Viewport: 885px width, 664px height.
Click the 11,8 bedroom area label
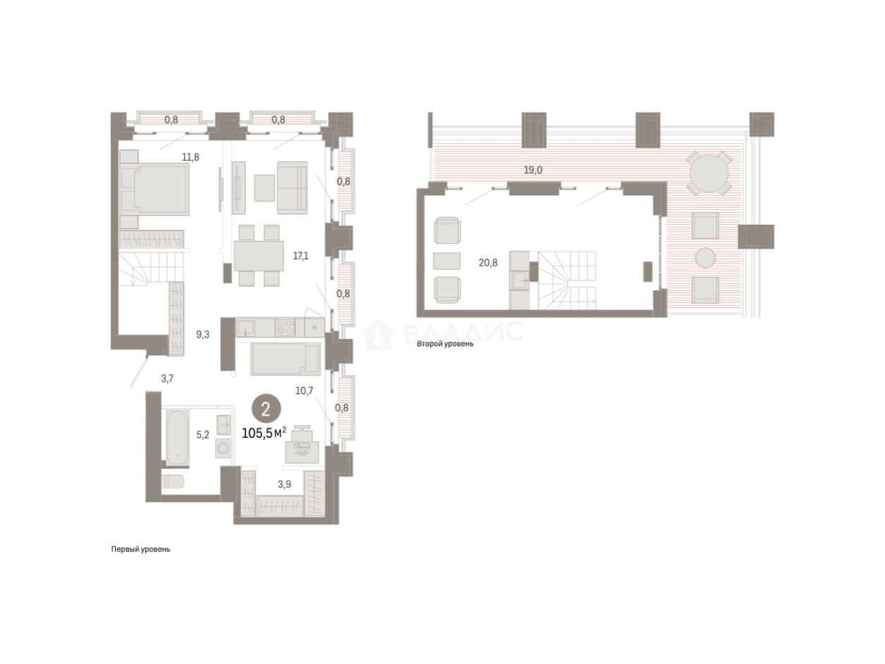coord(191,157)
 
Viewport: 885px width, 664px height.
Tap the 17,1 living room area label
coord(301,256)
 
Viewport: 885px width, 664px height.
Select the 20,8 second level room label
coord(488,263)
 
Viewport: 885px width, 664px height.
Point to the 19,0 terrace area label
coord(533,170)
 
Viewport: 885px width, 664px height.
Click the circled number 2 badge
coord(266,410)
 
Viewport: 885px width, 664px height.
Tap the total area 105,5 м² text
coord(264,433)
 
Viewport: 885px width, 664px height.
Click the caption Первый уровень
coord(140,549)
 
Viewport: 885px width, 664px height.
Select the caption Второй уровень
coord(445,344)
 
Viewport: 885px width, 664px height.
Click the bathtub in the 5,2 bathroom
coord(177,438)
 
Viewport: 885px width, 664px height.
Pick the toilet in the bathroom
coord(173,481)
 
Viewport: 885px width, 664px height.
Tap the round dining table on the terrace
coord(709,173)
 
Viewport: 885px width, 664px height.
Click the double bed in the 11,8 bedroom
coord(155,188)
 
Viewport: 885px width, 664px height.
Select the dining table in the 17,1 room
coord(258,256)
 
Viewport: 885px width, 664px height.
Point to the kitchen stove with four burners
coord(285,327)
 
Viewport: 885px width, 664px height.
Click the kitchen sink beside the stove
coord(245,327)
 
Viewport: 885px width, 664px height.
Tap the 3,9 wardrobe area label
coord(284,484)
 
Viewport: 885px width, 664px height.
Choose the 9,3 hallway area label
coord(203,335)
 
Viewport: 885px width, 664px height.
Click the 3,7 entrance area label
coord(167,379)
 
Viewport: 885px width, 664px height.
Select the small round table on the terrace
coord(705,258)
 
